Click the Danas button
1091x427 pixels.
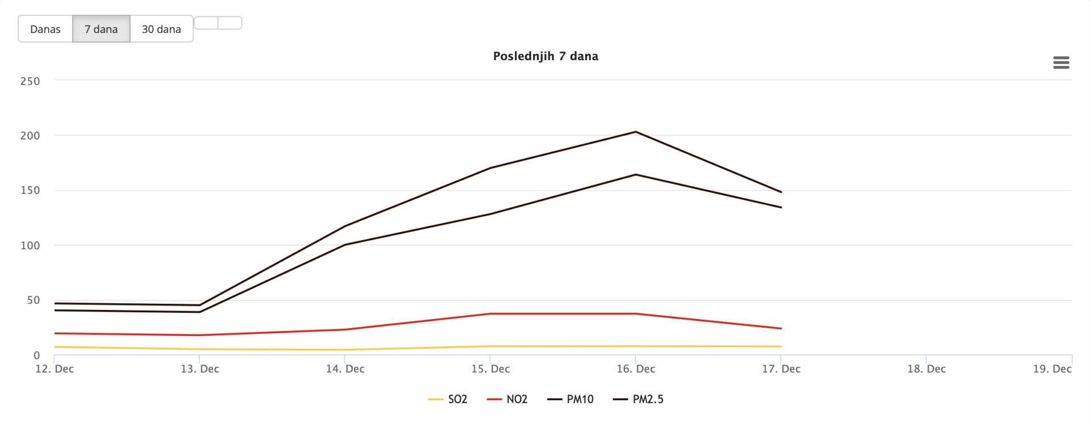45,29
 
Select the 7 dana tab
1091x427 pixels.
101,29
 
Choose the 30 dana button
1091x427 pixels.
161,29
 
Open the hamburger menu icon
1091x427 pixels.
1061,62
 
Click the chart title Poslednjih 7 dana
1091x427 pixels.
545,56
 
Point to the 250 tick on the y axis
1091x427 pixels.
30,81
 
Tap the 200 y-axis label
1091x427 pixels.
30,136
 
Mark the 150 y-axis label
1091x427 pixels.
30,190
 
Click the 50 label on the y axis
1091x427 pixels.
34,300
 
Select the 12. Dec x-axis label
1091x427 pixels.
55,369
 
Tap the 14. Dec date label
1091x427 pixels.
345,369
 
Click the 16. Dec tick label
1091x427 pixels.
636,369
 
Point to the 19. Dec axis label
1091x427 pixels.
1052,369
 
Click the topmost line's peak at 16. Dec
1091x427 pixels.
635,132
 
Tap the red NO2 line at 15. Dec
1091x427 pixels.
490,313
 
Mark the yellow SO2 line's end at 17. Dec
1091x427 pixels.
781,346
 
